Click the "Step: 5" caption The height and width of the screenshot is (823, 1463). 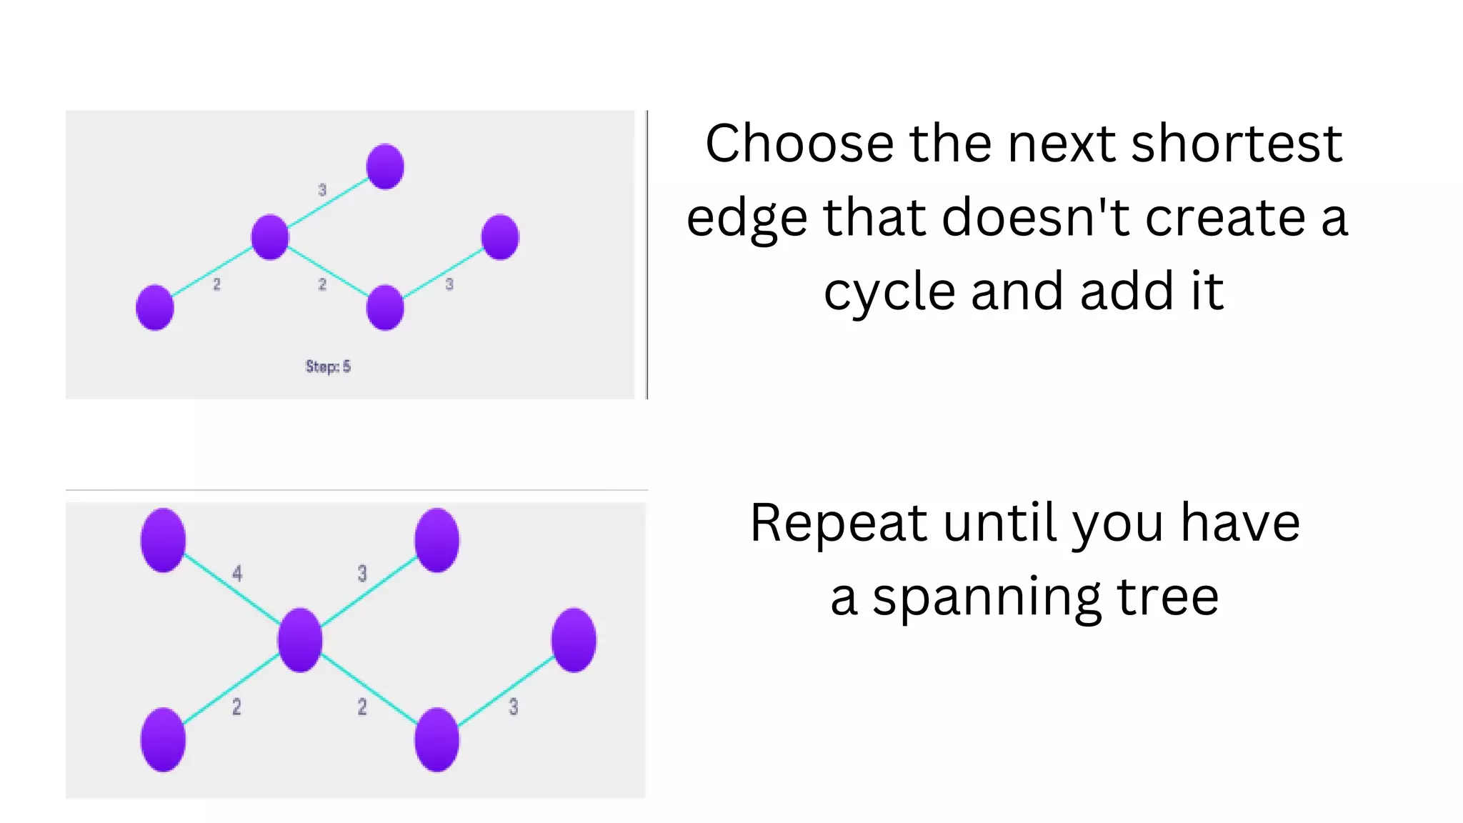click(328, 366)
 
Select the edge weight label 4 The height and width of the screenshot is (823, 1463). click(237, 573)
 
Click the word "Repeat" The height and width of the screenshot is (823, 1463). click(838, 523)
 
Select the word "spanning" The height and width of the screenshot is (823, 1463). click(985, 598)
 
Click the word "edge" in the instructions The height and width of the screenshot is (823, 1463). click(747, 219)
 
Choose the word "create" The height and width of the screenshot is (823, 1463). click(1226, 217)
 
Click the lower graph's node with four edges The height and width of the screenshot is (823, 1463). click(300, 640)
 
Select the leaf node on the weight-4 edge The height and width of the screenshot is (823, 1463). click(164, 540)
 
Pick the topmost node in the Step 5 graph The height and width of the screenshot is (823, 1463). click(385, 166)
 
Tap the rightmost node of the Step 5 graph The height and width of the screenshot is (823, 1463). click(500, 237)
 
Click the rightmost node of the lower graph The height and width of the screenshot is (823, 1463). click(574, 640)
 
